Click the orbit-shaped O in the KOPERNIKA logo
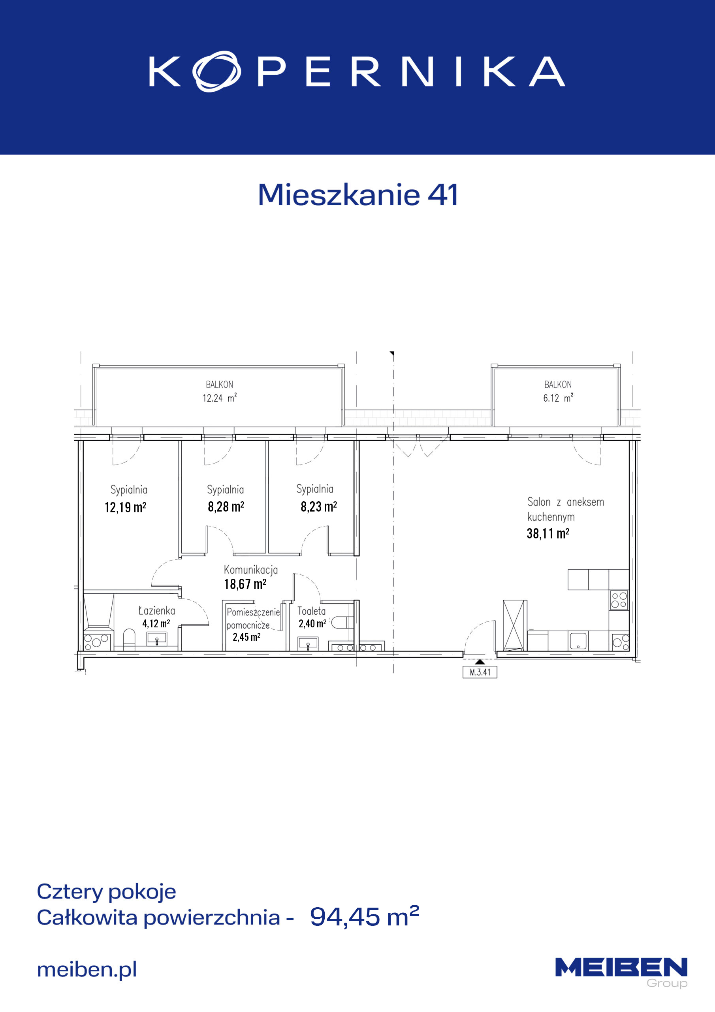216,71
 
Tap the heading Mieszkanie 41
358,195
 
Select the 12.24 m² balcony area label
219,398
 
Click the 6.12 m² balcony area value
558,398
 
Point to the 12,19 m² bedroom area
125,507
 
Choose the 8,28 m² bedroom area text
226,507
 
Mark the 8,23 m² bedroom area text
318,507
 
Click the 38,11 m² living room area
548,534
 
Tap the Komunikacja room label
251,570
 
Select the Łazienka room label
156,610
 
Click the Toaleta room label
311,611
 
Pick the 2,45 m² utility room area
246,637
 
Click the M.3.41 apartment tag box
480,672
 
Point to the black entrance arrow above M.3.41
480,662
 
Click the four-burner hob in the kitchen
619,600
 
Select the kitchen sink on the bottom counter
578,641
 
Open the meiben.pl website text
87,969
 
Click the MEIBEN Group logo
621,972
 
